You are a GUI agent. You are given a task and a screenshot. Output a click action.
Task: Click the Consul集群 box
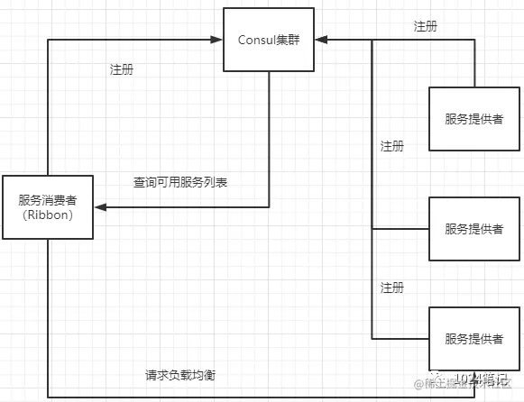tap(269, 40)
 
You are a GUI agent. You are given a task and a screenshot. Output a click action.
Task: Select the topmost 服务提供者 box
tap(473, 119)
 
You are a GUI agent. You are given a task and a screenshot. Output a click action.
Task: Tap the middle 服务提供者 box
tap(473, 229)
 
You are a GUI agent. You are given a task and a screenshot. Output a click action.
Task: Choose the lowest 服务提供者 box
tap(473, 339)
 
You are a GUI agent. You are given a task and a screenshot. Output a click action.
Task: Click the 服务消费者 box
tap(48, 207)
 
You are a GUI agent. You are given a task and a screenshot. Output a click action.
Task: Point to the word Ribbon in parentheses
tap(48, 216)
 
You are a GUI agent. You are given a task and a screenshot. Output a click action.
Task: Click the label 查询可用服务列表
tap(180, 182)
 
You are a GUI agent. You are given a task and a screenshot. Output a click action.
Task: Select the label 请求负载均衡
tap(180, 375)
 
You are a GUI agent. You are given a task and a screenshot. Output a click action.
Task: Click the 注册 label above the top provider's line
tap(426, 27)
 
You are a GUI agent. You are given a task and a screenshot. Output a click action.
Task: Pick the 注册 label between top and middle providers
tap(392, 146)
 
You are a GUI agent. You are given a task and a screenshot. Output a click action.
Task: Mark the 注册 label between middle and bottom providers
tap(392, 288)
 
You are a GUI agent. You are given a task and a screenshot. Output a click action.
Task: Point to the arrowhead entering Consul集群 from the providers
tap(319, 40)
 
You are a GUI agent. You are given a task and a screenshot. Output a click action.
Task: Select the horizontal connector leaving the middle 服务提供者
tap(400, 229)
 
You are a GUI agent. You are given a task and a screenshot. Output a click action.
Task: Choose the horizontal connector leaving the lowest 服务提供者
tap(400, 339)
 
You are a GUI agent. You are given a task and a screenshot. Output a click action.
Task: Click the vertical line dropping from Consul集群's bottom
tap(269, 135)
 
